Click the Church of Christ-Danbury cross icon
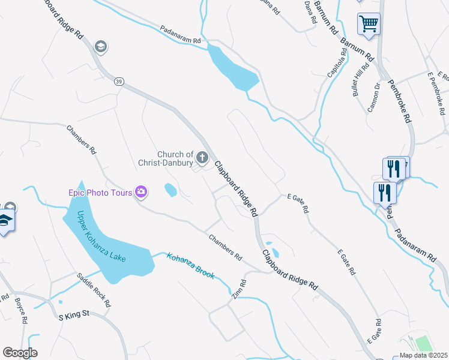coord(202,158)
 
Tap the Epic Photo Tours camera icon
coord(142,192)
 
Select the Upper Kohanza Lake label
coord(102,238)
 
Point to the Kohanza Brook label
coord(190,265)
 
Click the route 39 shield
coord(119,81)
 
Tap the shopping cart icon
coord(369,24)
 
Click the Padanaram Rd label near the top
coord(180,34)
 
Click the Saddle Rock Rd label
coord(94,290)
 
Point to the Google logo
coord(20,353)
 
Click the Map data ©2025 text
coord(423,355)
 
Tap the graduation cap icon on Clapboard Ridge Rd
coord(100,46)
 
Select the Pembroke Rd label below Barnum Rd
coord(399,101)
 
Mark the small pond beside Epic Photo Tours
coord(170,190)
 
